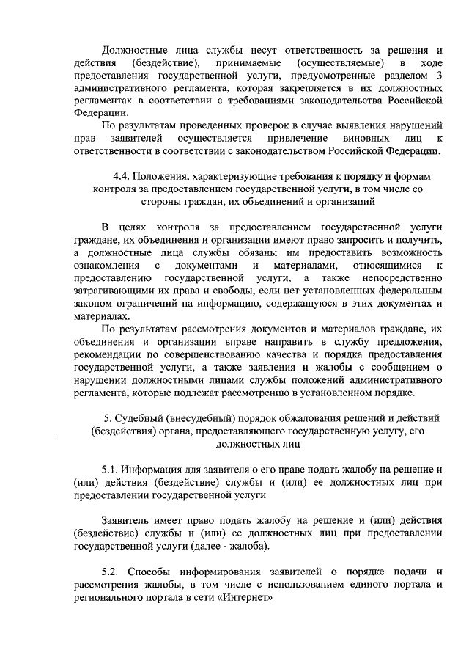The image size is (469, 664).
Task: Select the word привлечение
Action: point(298,139)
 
